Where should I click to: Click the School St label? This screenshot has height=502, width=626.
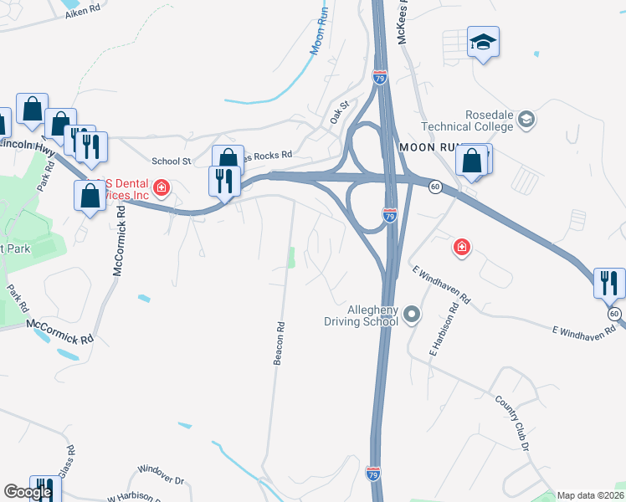171,161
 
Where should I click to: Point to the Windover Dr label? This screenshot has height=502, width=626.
161,479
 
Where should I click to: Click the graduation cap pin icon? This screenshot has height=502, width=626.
483,42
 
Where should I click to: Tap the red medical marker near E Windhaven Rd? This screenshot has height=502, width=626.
461,247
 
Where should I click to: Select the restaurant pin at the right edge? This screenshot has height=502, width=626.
609,283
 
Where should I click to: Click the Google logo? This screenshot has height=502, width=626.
28,492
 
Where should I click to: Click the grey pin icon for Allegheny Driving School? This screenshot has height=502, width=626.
411,315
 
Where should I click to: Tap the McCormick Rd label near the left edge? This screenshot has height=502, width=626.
60,324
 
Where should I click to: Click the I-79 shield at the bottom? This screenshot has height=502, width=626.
374,474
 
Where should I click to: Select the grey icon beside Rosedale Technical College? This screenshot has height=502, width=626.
526,120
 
